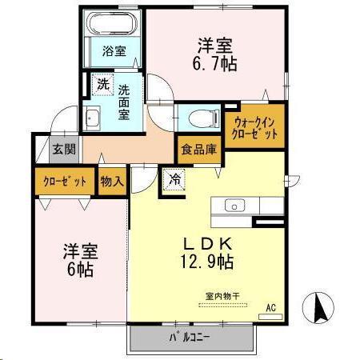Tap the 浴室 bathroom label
114,52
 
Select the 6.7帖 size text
217,65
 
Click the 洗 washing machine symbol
102,83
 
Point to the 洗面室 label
125,102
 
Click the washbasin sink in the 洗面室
92,118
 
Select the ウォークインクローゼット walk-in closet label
256,127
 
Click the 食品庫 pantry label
197,148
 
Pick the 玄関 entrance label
63,148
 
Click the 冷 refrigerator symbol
174,180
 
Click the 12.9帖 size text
206,261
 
